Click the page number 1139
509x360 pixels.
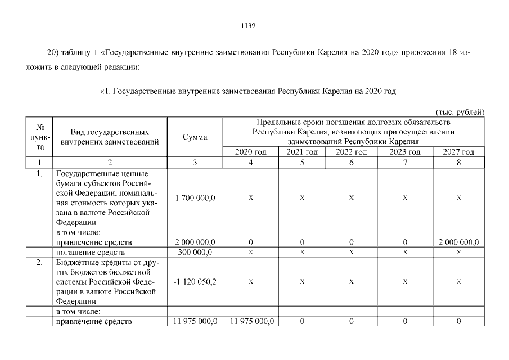pyautogui.click(x=248, y=25)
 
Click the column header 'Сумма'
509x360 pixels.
pyautogui.click(x=195, y=137)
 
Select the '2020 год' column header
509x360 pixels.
pyautogui.click(x=250, y=152)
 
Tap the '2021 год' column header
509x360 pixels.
pyautogui.click(x=302, y=152)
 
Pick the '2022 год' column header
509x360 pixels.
pyautogui.click(x=351, y=152)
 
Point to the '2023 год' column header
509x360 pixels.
pyautogui.click(x=405, y=152)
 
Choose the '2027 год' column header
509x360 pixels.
pyautogui.click(x=458, y=152)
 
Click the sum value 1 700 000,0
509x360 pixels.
pyautogui.click(x=195, y=198)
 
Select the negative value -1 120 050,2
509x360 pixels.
pyautogui.click(x=195, y=281)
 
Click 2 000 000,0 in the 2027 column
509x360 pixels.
pyautogui.click(x=458, y=242)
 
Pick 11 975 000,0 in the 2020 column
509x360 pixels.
pyautogui.click(x=250, y=322)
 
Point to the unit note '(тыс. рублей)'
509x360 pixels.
pyautogui.click(x=460, y=112)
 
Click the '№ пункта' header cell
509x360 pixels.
pyautogui.click(x=40, y=137)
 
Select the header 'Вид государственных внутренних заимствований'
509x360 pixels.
pyautogui.click(x=110, y=137)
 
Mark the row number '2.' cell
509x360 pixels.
pyautogui.click(x=40, y=263)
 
